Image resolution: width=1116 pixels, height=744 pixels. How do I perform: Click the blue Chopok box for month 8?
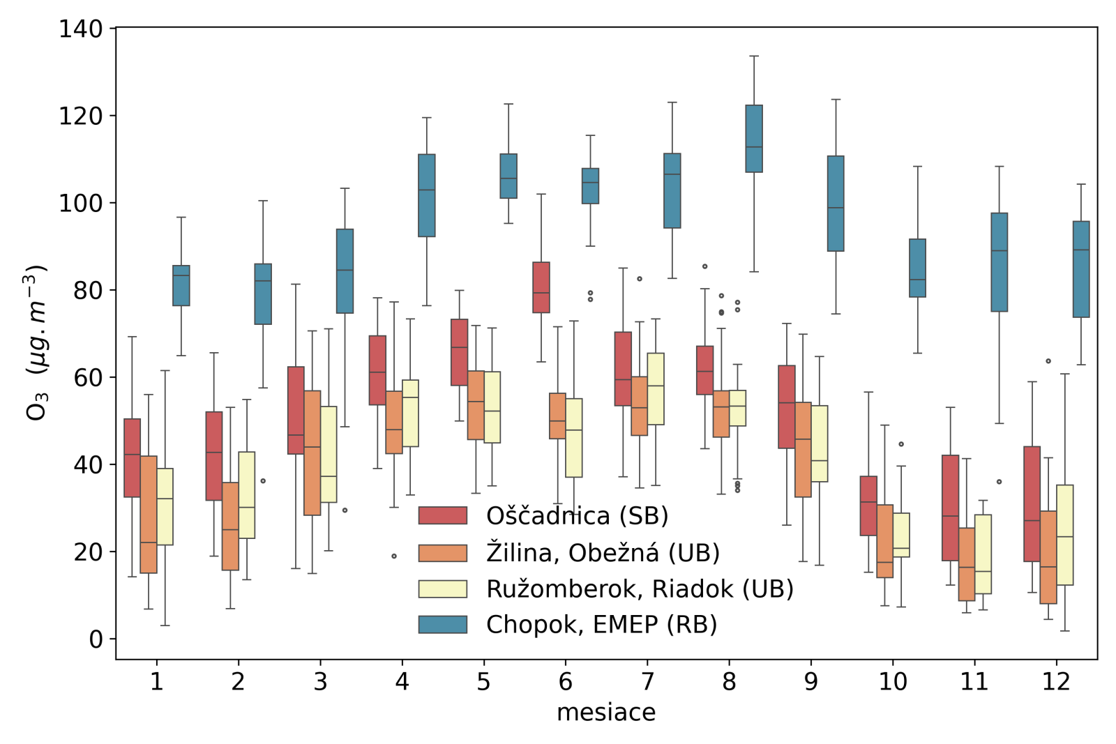click(x=754, y=138)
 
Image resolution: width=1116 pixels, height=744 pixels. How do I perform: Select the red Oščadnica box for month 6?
click(x=541, y=287)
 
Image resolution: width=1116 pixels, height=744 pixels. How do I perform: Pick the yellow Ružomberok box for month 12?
click(x=1065, y=535)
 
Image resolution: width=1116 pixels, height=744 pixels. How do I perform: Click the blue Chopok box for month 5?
click(x=508, y=176)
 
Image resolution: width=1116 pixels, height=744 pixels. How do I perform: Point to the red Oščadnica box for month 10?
click(x=868, y=506)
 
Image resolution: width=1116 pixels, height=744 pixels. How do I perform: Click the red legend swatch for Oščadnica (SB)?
click(x=442, y=515)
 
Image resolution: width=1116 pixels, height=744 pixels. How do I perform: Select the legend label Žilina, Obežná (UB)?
click(x=603, y=553)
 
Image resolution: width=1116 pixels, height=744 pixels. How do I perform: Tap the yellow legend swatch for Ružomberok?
click(x=442, y=589)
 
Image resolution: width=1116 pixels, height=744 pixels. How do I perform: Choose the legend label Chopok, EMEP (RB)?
click(x=601, y=625)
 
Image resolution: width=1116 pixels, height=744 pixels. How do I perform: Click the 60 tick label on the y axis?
click(x=88, y=377)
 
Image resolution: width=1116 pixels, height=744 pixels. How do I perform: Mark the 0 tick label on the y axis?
click(x=96, y=639)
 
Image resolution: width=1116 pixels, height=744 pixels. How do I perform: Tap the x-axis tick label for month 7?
click(x=647, y=681)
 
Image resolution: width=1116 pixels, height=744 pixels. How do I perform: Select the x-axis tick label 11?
click(x=974, y=681)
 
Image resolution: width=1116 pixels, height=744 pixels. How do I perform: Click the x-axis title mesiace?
click(x=606, y=713)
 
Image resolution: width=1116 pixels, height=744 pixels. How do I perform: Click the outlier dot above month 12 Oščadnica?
click(x=1048, y=361)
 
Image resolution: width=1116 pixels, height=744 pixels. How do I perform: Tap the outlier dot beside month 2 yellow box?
click(x=263, y=481)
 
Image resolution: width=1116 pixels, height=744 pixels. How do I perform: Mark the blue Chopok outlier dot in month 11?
click(x=1000, y=482)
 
